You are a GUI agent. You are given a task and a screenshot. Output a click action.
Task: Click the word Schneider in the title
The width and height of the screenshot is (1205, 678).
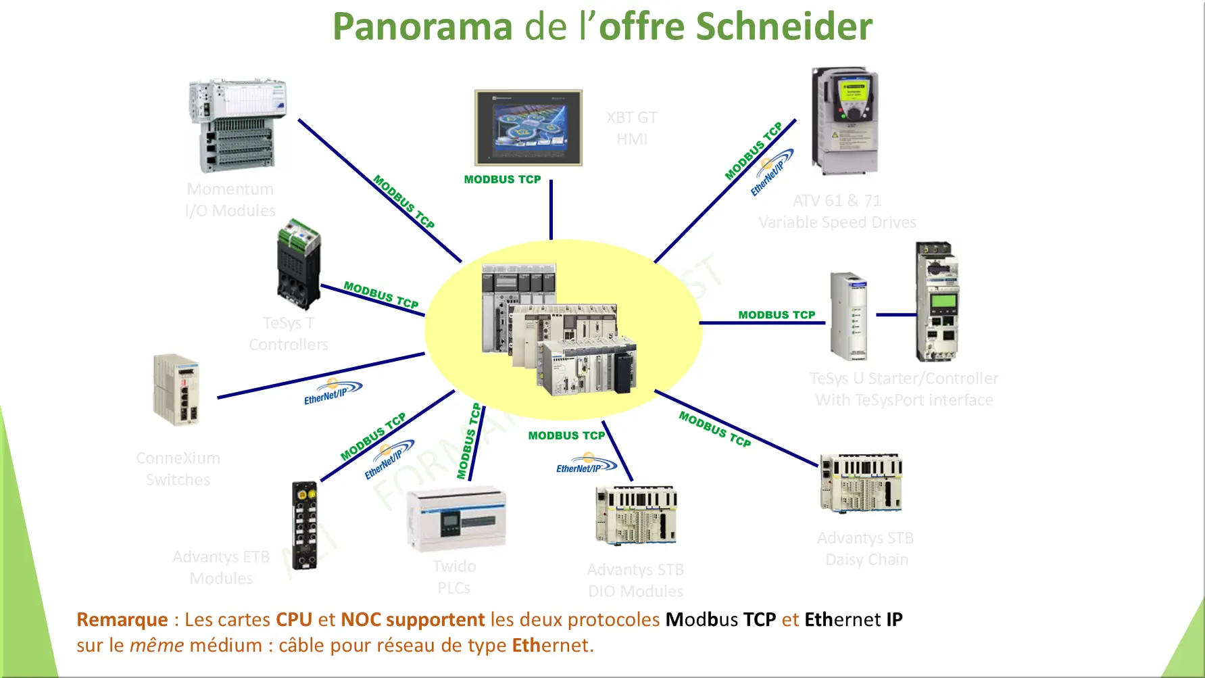click(783, 27)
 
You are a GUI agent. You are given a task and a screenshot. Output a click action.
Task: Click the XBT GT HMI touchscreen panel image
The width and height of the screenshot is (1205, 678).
click(528, 128)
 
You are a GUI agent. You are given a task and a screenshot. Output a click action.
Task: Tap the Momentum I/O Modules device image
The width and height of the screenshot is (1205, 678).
click(237, 126)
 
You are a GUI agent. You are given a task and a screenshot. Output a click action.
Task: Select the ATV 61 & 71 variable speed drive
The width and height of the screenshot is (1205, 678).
click(845, 120)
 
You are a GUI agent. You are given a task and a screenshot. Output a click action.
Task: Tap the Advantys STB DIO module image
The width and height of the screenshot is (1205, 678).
click(636, 515)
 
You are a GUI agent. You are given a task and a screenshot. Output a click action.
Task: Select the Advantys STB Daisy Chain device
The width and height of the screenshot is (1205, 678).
click(861, 483)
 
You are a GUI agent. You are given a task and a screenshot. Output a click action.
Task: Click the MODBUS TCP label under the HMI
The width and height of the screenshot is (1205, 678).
click(502, 180)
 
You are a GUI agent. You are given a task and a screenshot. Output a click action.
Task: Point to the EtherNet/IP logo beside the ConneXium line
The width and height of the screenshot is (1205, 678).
click(333, 392)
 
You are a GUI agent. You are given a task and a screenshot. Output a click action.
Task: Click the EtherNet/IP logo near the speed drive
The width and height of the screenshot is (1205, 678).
click(771, 172)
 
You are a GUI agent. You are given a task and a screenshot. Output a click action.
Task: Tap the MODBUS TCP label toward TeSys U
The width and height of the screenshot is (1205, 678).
click(777, 315)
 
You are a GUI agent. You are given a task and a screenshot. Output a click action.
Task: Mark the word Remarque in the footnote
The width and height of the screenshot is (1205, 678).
click(122, 620)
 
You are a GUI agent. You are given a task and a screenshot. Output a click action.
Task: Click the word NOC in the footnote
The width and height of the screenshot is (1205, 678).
click(361, 620)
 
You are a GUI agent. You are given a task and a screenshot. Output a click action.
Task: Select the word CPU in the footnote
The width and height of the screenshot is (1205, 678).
click(294, 620)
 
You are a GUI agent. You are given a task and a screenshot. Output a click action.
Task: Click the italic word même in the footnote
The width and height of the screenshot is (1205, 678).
click(156, 646)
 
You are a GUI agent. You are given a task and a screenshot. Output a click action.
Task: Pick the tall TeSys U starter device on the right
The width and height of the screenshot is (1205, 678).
click(937, 302)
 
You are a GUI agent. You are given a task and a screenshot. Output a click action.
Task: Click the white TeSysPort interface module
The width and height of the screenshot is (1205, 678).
click(849, 316)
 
